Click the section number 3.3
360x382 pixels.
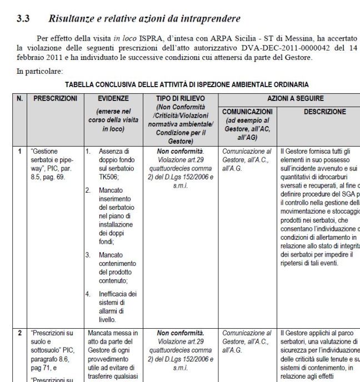23,18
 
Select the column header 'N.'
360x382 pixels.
20,97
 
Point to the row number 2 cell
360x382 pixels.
19,333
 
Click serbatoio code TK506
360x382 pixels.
110,173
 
